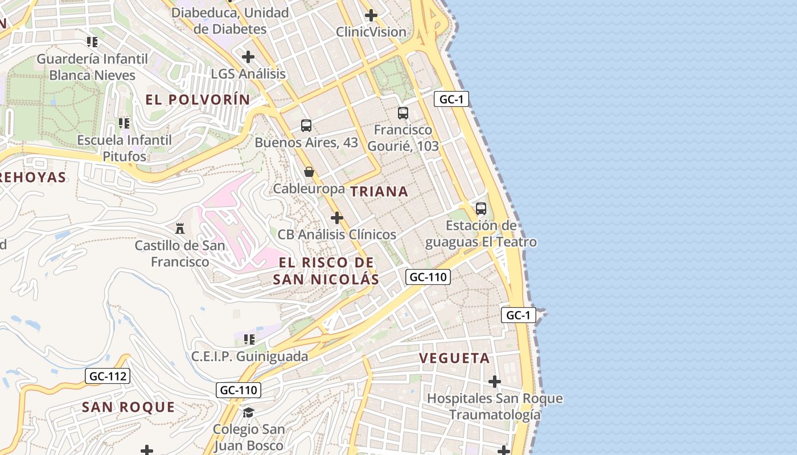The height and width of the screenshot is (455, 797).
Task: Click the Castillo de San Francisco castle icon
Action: (x=180, y=229)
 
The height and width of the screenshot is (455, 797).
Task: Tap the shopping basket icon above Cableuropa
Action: (x=309, y=171)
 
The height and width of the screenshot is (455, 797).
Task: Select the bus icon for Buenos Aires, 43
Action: (x=306, y=126)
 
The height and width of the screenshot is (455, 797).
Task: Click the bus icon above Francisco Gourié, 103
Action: (x=403, y=113)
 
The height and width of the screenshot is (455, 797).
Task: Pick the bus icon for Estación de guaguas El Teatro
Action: (x=481, y=209)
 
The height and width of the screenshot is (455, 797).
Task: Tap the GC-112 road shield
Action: (x=108, y=376)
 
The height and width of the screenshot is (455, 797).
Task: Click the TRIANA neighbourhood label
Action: (x=379, y=192)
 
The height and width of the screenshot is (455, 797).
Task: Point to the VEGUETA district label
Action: (x=454, y=358)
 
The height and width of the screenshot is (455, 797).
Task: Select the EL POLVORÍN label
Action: (x=198, y=100)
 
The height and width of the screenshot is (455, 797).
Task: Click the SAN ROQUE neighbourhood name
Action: (x=128, y=407)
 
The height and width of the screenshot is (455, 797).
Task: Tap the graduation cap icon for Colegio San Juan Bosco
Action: (x=248, y=412)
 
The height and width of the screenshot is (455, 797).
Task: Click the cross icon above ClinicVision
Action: (x=371, y=15)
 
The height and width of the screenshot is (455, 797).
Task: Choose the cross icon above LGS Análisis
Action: (x=248, y=57)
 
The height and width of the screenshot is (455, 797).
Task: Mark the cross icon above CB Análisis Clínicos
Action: (x=337, y=218)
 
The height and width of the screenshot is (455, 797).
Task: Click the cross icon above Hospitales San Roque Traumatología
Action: (x=495, y=381)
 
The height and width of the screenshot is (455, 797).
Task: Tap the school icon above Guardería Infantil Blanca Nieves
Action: (x=92, y=42)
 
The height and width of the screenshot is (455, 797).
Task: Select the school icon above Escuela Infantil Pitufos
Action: (x=124, y=123)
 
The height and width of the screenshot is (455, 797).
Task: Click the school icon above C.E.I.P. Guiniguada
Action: (x=249, y=340)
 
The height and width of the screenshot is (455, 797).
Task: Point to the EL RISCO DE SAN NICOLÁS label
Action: (x=326, y=271)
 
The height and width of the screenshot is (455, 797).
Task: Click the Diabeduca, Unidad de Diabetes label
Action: (x=231, y=20)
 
